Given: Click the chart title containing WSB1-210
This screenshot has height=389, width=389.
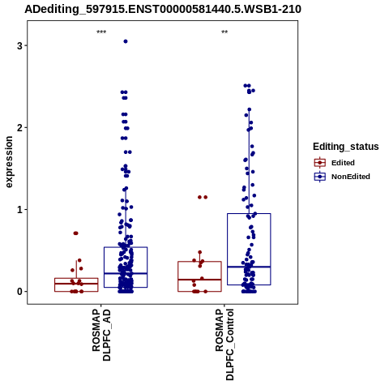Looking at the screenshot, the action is coord(163,10).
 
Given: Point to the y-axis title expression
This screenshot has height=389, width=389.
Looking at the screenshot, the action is coord(9,162).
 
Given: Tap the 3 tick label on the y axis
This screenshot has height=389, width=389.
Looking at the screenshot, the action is coord(19,45).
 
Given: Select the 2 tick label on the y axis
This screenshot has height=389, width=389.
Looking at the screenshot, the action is coord(19,127).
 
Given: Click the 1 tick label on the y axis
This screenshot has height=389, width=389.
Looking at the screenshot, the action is coord(19,210).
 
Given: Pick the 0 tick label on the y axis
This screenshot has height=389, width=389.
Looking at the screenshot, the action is coord(19,292).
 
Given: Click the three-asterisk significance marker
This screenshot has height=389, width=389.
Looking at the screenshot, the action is coord(101,32).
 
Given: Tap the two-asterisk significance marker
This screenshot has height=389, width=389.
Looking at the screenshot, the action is coord(224,32).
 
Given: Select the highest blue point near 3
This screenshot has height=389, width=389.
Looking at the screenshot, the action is coord(126,41).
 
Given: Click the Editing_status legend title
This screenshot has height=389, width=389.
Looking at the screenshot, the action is coord(346,147).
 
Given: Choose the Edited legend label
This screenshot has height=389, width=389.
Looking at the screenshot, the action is coord(343,163).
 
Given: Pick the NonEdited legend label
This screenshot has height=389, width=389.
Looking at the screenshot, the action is coord(351,177).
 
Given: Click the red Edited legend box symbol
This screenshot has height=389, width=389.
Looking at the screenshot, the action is coord(320,163).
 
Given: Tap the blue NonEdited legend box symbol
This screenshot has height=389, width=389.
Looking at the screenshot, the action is coord(320,177).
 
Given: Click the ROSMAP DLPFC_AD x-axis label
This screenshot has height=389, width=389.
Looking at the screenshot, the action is coord(101,335).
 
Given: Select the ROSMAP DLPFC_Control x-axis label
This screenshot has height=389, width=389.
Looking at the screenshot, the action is coord(224,344).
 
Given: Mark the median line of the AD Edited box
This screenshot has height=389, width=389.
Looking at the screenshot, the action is coord(76,284).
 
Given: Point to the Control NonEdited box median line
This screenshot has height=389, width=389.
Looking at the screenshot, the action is coord(249,267).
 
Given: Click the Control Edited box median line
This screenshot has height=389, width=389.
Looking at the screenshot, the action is coord(199,280).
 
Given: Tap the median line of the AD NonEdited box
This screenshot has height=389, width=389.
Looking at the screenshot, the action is coord(126,274).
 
